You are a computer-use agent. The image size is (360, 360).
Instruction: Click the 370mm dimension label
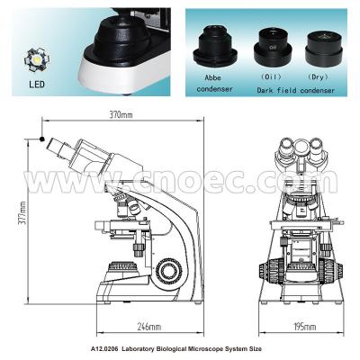(x=121, y=114)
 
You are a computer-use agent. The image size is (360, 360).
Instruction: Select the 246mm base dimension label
(x=148, y=327)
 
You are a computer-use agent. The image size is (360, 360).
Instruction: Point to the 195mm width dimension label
(x=304, y=327)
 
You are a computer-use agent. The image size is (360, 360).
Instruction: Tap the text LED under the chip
(x=37, y=84)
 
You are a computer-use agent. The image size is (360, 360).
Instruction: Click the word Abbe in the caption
(x=212, y=77)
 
